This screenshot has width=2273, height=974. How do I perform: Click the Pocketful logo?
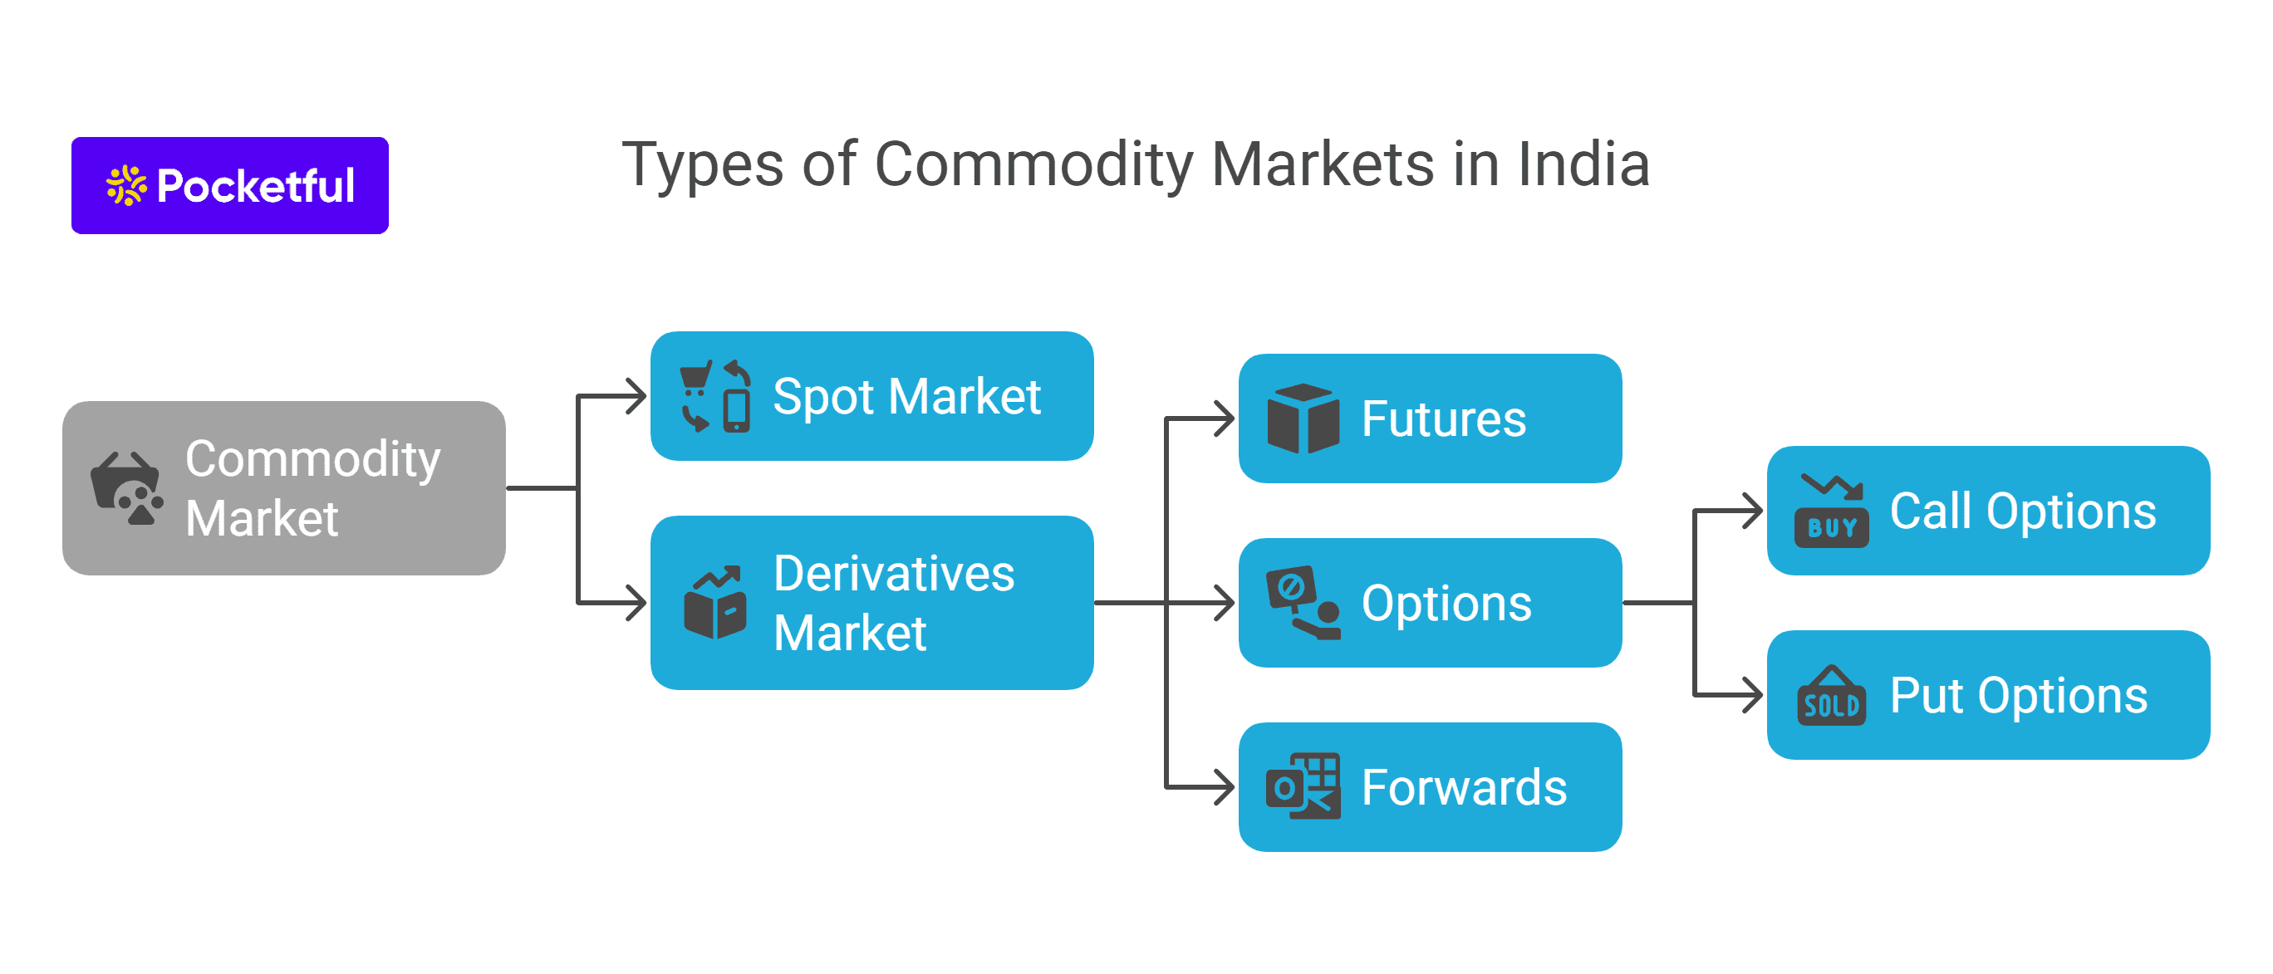pos(229,185)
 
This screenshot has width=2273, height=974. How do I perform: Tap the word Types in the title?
pos(702,165)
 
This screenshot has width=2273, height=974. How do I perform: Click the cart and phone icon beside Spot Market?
pos(715,396)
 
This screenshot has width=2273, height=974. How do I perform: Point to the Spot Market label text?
pos(906,396)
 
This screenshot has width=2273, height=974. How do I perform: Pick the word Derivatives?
pos(894,574)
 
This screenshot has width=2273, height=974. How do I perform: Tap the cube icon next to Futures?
pos(1303,419)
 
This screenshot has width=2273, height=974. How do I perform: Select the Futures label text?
pos(1444,419)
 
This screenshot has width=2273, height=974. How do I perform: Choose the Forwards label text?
pos(1464,787)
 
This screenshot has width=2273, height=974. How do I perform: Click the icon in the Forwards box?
pos(1303,787)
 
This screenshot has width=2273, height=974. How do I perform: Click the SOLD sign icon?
pos(1831,696)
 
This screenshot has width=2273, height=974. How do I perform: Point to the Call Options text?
pos(2022,511)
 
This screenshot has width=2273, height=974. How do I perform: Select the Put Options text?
pos(2018,695)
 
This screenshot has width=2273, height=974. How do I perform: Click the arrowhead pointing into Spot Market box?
pos(636,396)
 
